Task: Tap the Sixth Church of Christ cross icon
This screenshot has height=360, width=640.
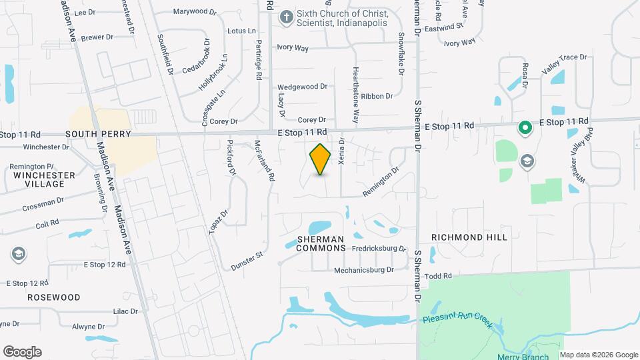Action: click(286, 17)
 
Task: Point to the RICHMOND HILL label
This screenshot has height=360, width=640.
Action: click(469, 237)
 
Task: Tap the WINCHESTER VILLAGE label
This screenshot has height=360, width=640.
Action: click(44, 180)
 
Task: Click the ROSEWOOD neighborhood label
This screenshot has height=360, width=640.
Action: click(53, 297)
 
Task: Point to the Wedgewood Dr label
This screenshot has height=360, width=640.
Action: click(302, 87)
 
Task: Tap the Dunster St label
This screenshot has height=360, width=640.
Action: click(248, 261)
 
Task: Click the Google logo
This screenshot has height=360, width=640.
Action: click(22, 352)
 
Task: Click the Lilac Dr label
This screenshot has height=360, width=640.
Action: click(125, 311)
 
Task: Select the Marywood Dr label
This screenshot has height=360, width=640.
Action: click(195, 11)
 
